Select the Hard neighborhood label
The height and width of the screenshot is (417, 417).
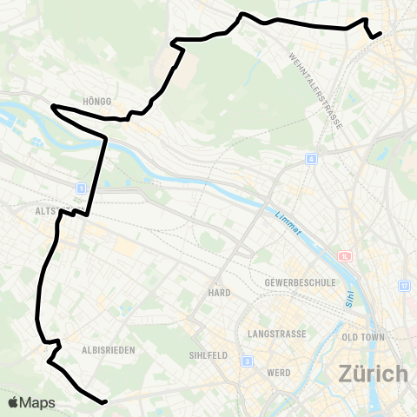pos(219,293)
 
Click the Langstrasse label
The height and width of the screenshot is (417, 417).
pos(277,334)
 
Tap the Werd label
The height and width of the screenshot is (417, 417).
pos(279,372)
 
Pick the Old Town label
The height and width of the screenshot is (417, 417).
pos(362,336)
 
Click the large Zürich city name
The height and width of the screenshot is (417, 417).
pos(373,374)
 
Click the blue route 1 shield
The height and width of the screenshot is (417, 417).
pos(80,188)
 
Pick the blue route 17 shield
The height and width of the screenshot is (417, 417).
pos(404,286)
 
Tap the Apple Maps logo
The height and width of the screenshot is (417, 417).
pos(31,402)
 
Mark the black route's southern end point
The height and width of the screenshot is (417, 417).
pos(104,401)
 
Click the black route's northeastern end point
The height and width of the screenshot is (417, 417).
pos(381,33)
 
